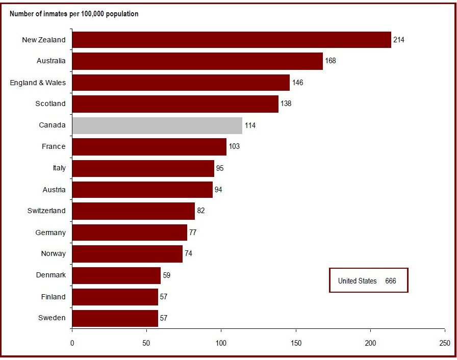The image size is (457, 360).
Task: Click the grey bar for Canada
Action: pos(157,125)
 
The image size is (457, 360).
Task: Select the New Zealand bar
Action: pos(232,40)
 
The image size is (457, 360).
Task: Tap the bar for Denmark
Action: pos(116,275)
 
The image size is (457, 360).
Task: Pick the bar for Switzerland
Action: pos(134,211)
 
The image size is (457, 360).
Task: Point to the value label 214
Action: pos(399,40)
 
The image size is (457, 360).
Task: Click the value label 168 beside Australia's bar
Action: pos(331,61)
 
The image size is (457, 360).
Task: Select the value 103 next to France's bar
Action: pos(234,147)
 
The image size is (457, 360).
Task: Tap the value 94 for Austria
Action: pos(218,190)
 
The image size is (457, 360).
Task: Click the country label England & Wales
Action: pos(38,83)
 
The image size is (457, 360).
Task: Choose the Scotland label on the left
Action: pos(50,104)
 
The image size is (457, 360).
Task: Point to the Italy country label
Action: pos(59,168)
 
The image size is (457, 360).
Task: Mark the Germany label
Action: pos(50,233)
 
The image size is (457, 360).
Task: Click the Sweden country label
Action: pos(52,318)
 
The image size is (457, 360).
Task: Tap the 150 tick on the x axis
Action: pos(296,343)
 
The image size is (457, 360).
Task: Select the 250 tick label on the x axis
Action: pos(445,343)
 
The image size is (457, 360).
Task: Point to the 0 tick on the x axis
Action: pos(72,343)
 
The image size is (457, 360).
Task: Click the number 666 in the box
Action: pos(391,281)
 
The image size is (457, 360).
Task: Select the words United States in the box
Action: pos(358,281)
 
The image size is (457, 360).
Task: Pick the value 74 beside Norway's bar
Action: pos(188,254)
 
